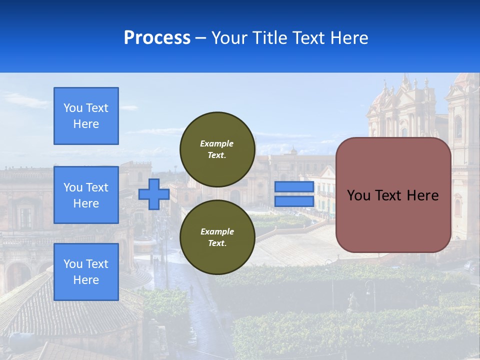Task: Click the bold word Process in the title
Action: (x=157, y=38)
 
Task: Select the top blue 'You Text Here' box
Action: (x=86, y=116)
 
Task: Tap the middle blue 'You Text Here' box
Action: (x=86, y=195)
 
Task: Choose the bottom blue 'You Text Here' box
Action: (x=86, y=272)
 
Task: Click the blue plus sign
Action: (x=154, y=194)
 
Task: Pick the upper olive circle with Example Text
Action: (x=217, y=149)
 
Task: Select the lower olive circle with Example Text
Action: (x=217, y=237)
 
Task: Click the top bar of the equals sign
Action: (x=294, y=187)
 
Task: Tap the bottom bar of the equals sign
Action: (x=294, y=201)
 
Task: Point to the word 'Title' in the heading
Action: (x=270, y=38)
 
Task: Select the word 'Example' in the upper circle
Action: (x=217, y=144)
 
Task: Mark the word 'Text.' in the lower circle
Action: (x=217, y=243)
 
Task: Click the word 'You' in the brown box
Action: (x=358, y=195)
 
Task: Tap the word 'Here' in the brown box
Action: (x=422, y=195)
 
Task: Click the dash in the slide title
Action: (x=201, y=38)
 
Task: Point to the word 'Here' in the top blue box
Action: (x=86, y=124)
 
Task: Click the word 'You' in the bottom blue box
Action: (x=73, y=264)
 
